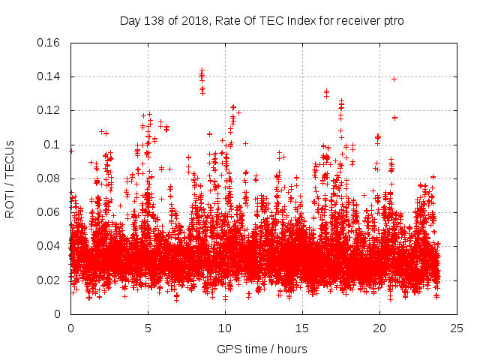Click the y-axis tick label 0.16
tap(50, 43)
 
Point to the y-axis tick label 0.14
tap(50, 76)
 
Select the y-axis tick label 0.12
tap(50, 110)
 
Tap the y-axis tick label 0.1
tap(54, 145)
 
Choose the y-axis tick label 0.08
tap(50, 178)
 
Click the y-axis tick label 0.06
tap(50, 212)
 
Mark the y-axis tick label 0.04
tap(50, 246)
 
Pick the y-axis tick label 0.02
tap(50, 280)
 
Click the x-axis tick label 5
tap(148, 328)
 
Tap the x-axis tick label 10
tap(225, 328)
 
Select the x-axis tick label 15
tap(302, 328)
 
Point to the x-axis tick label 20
tap(379, 328)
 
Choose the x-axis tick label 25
tap(457, 328)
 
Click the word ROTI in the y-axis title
tap(10, 203)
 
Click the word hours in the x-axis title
tap(291, 349)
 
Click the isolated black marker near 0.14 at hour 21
tap(394, 79)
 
